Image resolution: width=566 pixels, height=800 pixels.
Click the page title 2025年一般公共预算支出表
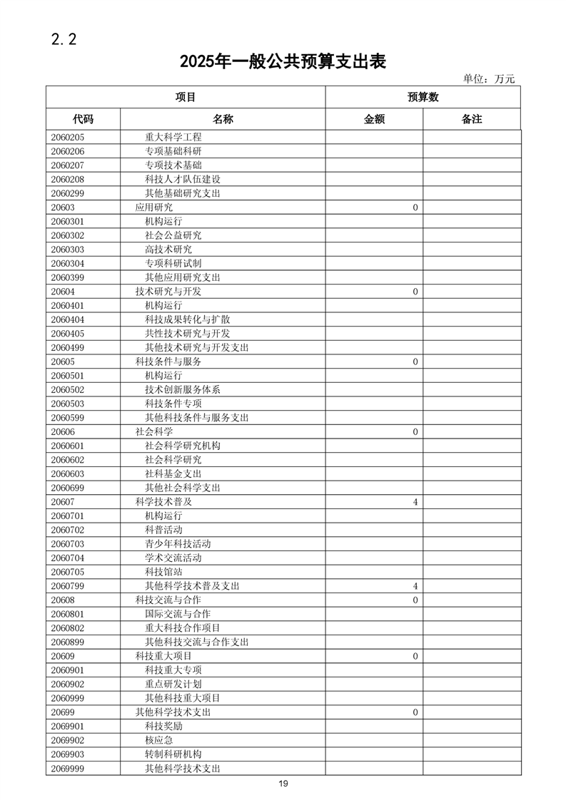283,62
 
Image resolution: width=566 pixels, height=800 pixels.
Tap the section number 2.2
64,39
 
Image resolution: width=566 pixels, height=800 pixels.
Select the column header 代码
83,119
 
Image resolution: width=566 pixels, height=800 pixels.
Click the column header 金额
374,119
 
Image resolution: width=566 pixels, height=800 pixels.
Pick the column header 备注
472,119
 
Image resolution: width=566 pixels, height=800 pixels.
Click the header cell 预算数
423,97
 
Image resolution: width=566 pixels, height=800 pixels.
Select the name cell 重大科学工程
173,137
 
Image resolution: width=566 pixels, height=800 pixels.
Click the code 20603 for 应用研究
63,207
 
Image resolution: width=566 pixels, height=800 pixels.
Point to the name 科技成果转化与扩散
187,319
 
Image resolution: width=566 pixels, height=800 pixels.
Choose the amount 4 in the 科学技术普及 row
415,502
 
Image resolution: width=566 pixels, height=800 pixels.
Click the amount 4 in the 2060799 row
415,586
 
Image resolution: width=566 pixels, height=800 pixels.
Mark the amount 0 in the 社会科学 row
415,432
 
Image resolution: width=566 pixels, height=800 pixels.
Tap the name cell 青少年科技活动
178,544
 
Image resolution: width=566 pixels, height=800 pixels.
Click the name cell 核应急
159,740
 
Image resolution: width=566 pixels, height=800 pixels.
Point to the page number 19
283,784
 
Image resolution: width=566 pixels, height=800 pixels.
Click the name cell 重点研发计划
173,684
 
